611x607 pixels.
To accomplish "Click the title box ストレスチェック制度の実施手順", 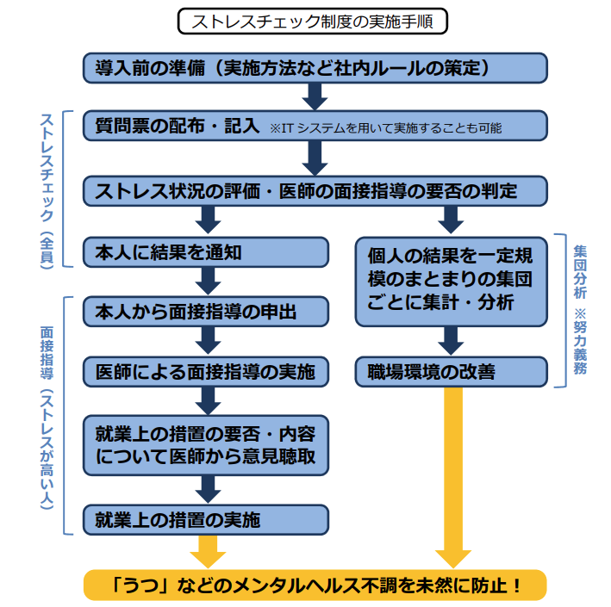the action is point(313,21).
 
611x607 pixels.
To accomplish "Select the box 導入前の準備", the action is point(315,68).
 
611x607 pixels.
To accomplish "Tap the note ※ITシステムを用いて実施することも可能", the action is point(386,128).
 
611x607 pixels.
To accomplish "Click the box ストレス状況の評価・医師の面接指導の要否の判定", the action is point(315,191).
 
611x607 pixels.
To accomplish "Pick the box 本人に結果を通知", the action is point(206,252).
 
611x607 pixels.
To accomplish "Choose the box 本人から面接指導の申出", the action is point(206,312).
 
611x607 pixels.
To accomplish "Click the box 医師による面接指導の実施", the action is point(206,371).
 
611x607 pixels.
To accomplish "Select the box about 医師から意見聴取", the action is point(206,445).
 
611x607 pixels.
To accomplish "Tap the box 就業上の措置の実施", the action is point(206,520).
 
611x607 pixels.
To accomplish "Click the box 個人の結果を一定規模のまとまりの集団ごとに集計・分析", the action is point(452,282).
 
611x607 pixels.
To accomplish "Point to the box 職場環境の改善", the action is point(452,371).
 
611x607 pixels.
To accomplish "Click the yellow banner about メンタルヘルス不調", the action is point(315,585).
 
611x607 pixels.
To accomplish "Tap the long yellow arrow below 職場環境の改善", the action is point(453,477).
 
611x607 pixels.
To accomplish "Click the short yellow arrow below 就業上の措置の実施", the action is point(208,552).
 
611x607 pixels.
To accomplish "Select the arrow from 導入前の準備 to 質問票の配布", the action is point(315,97).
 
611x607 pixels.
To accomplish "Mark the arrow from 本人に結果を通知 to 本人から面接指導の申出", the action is point(208,282).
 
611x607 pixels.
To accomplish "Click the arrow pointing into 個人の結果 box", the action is point(451,220).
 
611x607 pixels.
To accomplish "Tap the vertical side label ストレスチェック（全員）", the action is point(47,191).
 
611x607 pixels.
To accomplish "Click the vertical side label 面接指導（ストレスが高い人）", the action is point(47,418).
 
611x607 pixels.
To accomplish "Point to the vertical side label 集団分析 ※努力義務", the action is point(580,310).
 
